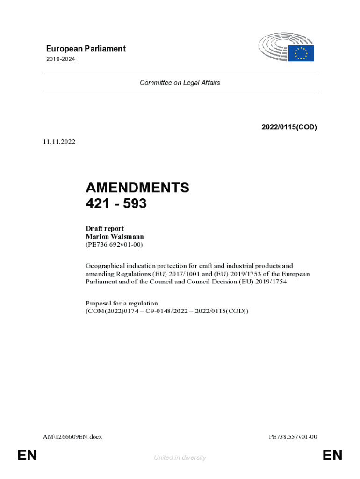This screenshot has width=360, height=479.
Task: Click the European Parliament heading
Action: coord(86,49)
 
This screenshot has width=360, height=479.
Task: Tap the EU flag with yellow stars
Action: coord(301,53)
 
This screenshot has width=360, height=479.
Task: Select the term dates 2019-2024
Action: coord(60,59)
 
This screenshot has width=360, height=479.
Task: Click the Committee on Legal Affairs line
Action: coord(180,83)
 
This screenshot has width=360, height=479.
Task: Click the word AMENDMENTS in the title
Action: coord(137,188)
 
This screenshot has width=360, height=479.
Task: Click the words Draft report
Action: coord(105,229)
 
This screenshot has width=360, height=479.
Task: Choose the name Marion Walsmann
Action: coord(115,237)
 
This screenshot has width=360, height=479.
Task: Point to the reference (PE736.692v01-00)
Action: coord(114,244)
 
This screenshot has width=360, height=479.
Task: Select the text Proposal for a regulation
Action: coord(122,303)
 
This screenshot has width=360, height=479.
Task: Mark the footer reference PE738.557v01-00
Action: coord(293,437)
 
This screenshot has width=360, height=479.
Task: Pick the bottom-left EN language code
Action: coord(27,455)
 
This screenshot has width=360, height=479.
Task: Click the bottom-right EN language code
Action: coord(332,455)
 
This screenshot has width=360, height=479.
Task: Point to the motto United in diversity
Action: coord(180,457)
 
